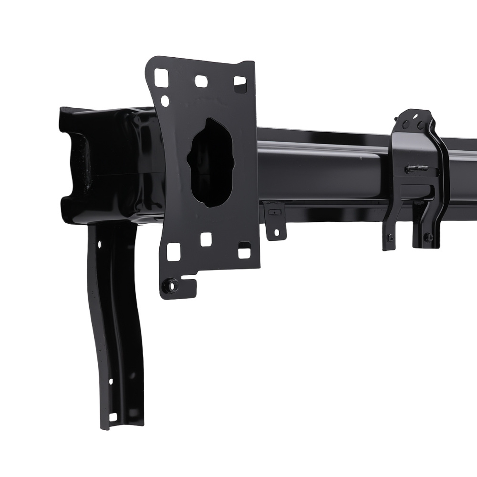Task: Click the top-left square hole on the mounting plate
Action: click(x=162, y=77)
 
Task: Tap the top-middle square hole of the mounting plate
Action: click(x=201, y=81)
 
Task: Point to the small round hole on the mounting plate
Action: click(x=165, y=101)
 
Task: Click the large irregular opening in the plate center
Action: click(x=211, y=162)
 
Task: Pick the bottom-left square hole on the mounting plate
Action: click(x=174, y=252)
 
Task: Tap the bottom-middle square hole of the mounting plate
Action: click(x=206, y=239)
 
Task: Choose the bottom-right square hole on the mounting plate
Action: click(x=244, y=249)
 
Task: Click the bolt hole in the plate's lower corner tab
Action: click(x=169, y=286)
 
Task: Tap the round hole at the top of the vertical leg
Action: click(x=100, y=244)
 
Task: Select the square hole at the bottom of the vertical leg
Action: click(x=113, y=417)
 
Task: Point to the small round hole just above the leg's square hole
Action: click(x=111, y=382)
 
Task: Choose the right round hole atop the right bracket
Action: click(x=421, y=125)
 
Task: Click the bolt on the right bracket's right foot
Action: click(x=428, y=237)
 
